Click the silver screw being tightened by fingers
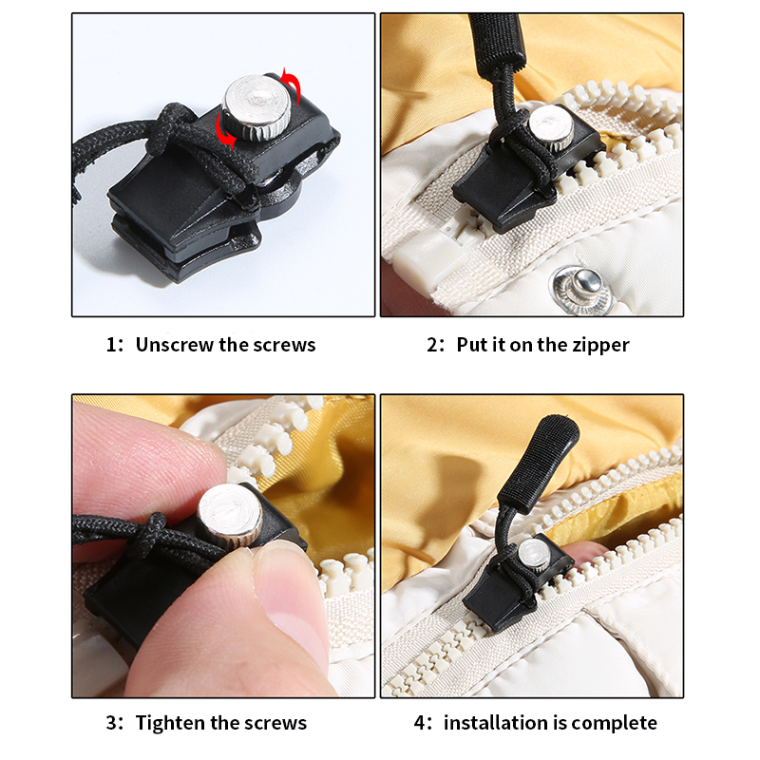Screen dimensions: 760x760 point(232,513)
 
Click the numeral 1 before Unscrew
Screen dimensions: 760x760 point(109,345)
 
